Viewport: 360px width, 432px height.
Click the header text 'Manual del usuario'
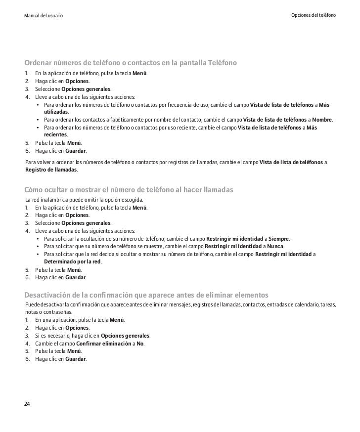(x=44, y=16)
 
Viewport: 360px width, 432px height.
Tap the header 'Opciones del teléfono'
(x=314, y=16)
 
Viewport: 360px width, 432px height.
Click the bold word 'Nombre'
(x=322, y=120)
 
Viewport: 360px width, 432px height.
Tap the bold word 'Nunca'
(x=276, y=247)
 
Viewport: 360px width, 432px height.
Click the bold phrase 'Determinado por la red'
(x=73, y=262)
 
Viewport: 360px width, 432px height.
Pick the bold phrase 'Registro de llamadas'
(x=51, y=169)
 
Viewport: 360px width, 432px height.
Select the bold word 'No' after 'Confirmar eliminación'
(x=140, y=344)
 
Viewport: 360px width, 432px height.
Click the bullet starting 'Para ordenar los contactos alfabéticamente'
(x=188, y=120)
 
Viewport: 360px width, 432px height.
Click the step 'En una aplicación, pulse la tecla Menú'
(x=80, y=320)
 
